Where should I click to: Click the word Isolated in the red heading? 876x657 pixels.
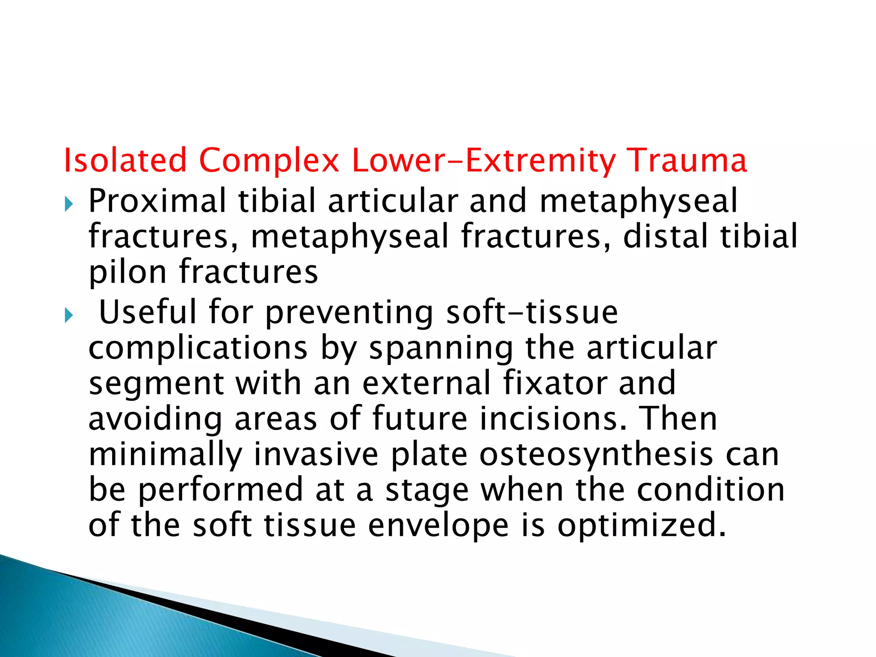[x=125, y=160]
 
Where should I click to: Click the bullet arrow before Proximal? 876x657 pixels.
[x=68, y=204]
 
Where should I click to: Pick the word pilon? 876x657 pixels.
[x=127, y=272]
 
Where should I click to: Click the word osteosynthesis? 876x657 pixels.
[x=596, y=455]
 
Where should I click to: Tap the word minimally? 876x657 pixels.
[x=165, y=455]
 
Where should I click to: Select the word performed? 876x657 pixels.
[x=221, y=490]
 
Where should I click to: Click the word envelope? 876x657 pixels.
[x=438, y=526]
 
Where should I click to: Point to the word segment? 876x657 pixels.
[x=157, y=383]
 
